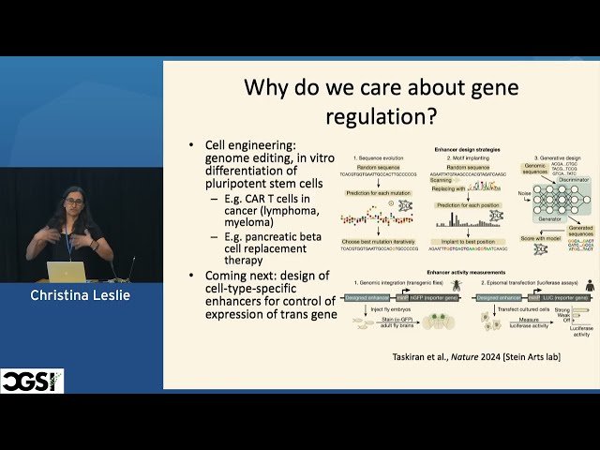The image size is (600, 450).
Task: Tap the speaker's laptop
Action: tap(67, 272)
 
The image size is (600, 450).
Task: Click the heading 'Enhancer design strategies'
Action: tap(470, 149)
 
